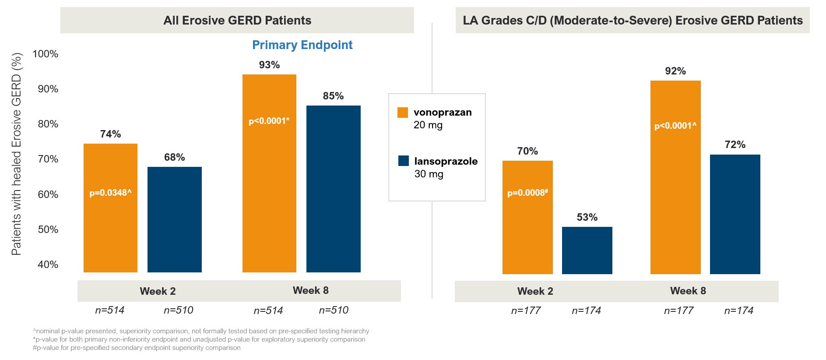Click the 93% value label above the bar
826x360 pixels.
pos(269,65)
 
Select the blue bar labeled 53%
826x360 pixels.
pos(587,251)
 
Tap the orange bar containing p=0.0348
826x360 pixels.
pos(110,228)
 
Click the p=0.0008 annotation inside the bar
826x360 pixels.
pos(527,193)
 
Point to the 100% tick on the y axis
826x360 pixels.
pos(46,54)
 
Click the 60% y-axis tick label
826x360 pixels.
pos(48,194)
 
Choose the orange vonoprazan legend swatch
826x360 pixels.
pos(403,113)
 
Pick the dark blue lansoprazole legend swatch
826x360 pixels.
pos(403,161)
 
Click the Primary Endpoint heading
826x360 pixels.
pos(302,45)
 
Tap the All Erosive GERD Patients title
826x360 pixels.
pos(237,20)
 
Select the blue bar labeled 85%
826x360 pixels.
pos(333,189)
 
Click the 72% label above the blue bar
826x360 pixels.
pos(735,145)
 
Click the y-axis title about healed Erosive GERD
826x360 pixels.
pos(17,154)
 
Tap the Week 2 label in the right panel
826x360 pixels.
pos(535,291)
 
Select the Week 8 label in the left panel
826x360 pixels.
pos(310,290)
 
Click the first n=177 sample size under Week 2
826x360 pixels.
pos(526,311)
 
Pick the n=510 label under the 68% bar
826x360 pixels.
pos(178,310)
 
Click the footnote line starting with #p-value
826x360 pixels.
pos(137,348)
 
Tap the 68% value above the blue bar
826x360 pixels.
pos(174,157)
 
